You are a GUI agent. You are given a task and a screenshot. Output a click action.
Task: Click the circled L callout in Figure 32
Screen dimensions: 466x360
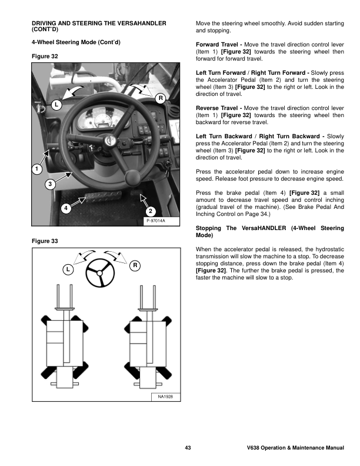coord(56,105)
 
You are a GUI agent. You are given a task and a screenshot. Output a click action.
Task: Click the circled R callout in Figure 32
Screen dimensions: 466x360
coord(161,96)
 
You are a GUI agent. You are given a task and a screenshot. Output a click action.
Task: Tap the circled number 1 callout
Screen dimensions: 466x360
coord(36,170)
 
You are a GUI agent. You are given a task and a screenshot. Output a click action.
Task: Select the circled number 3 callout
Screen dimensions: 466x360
coord(51,185)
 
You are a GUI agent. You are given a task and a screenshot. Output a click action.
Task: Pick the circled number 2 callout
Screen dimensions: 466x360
coord(151,211)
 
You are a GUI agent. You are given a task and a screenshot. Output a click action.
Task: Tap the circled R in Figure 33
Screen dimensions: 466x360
coord(135,266)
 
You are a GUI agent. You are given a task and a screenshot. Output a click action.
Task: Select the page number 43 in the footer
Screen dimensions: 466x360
coord(188,449)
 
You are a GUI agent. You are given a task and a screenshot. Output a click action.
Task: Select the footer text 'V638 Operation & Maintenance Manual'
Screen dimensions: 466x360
coord(295,449)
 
